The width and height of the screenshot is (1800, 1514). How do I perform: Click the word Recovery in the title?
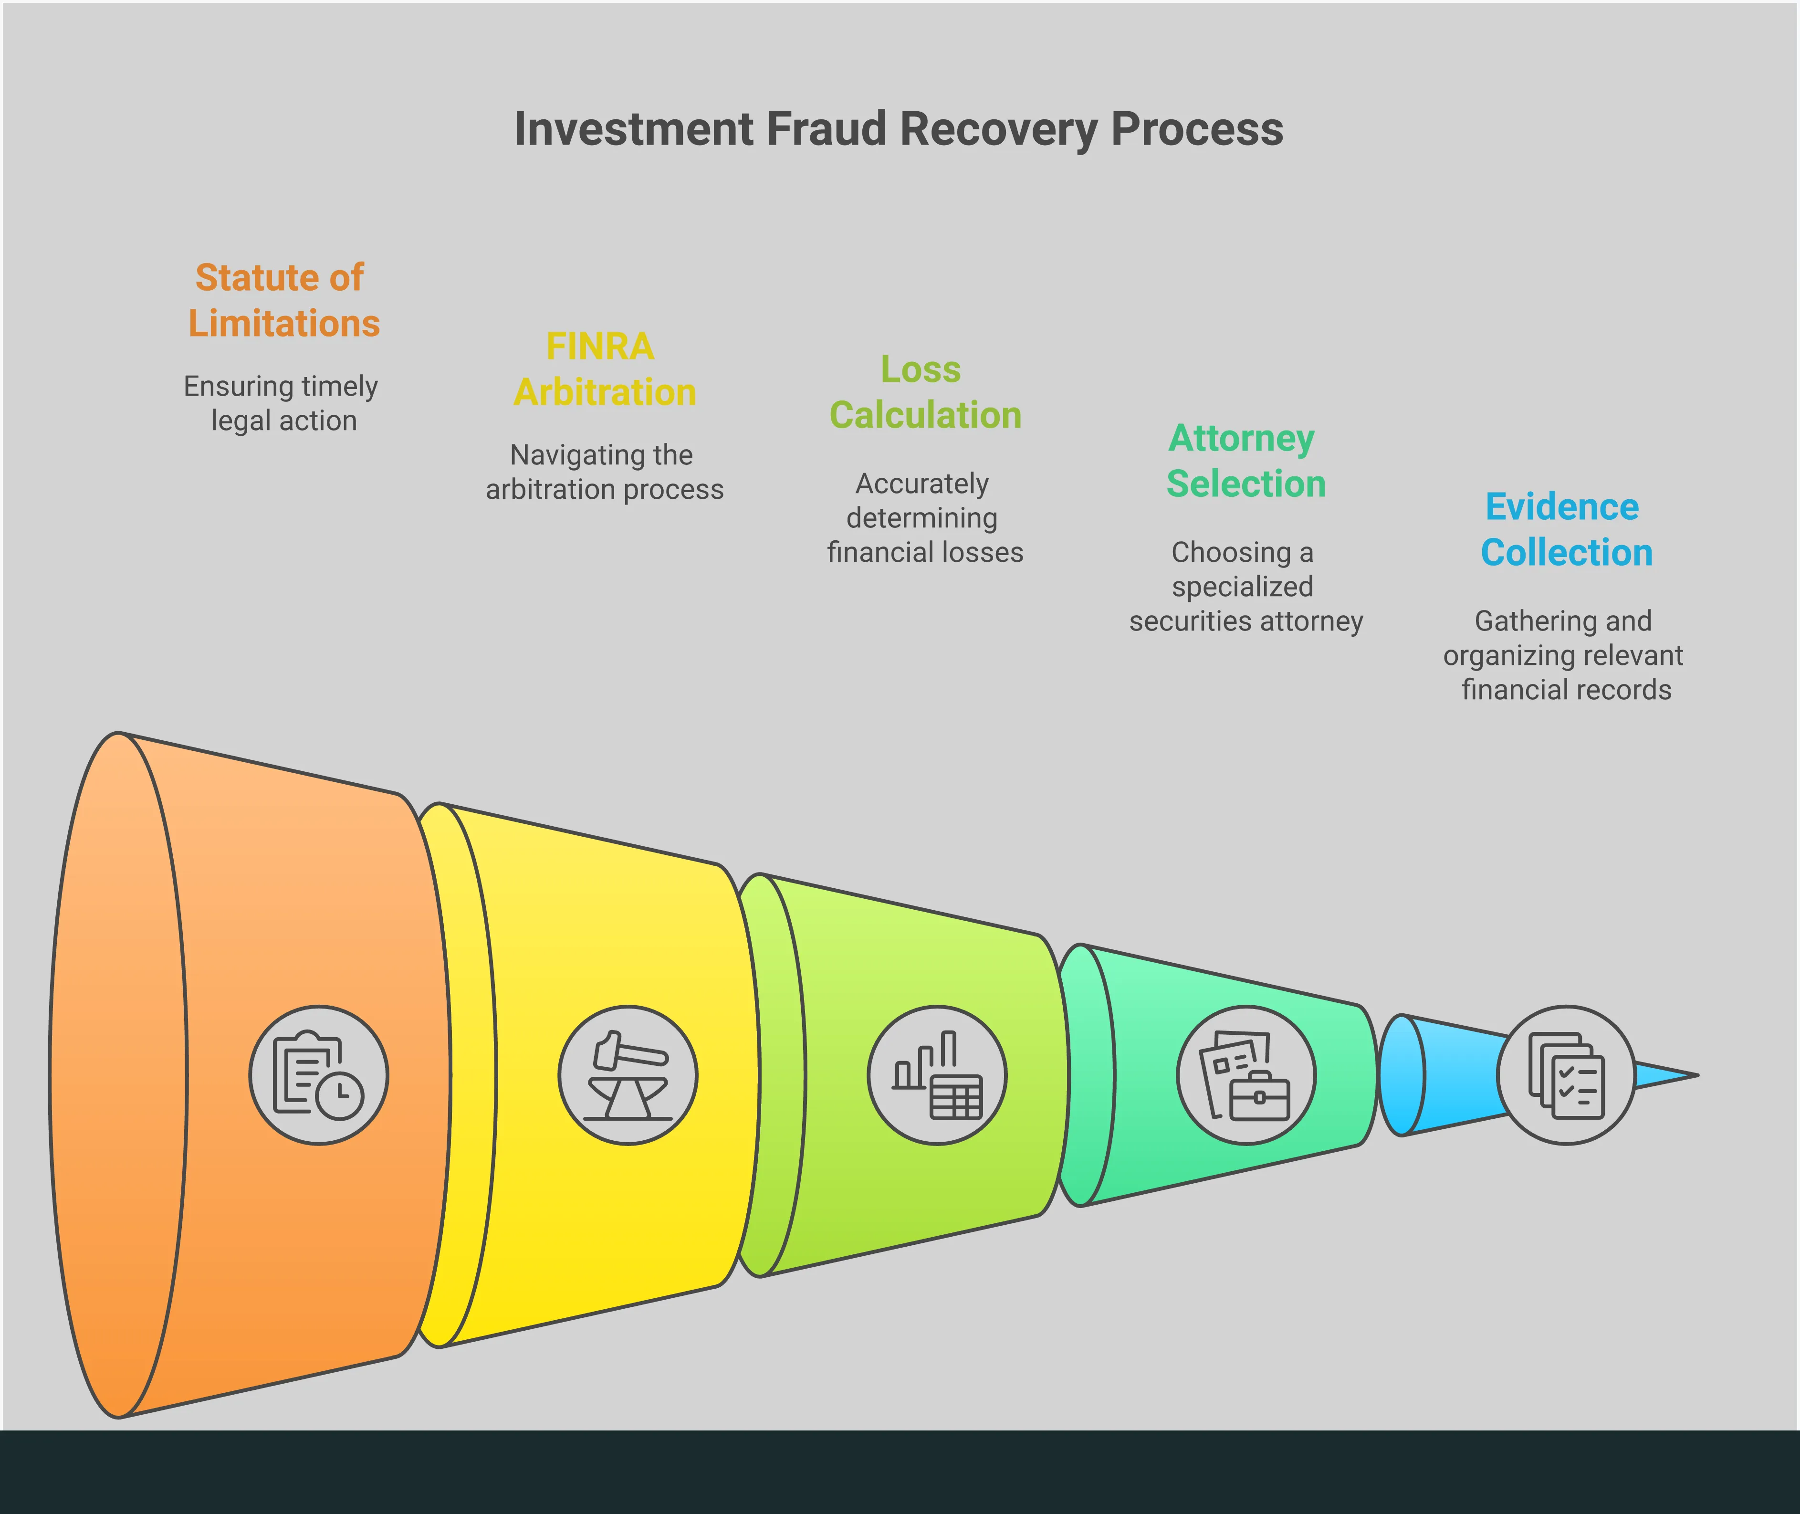coord(999,130)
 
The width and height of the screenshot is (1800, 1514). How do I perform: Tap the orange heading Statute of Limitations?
coord(283,300)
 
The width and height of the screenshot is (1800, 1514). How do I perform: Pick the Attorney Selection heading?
coord(1245,461)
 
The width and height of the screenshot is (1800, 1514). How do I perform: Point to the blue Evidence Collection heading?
coord(1566,529)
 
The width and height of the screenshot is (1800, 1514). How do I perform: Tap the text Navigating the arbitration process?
coord(604,472)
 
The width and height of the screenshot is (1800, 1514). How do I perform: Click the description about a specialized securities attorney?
coord(1245,586)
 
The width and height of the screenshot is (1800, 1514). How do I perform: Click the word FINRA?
coord(600,347)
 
